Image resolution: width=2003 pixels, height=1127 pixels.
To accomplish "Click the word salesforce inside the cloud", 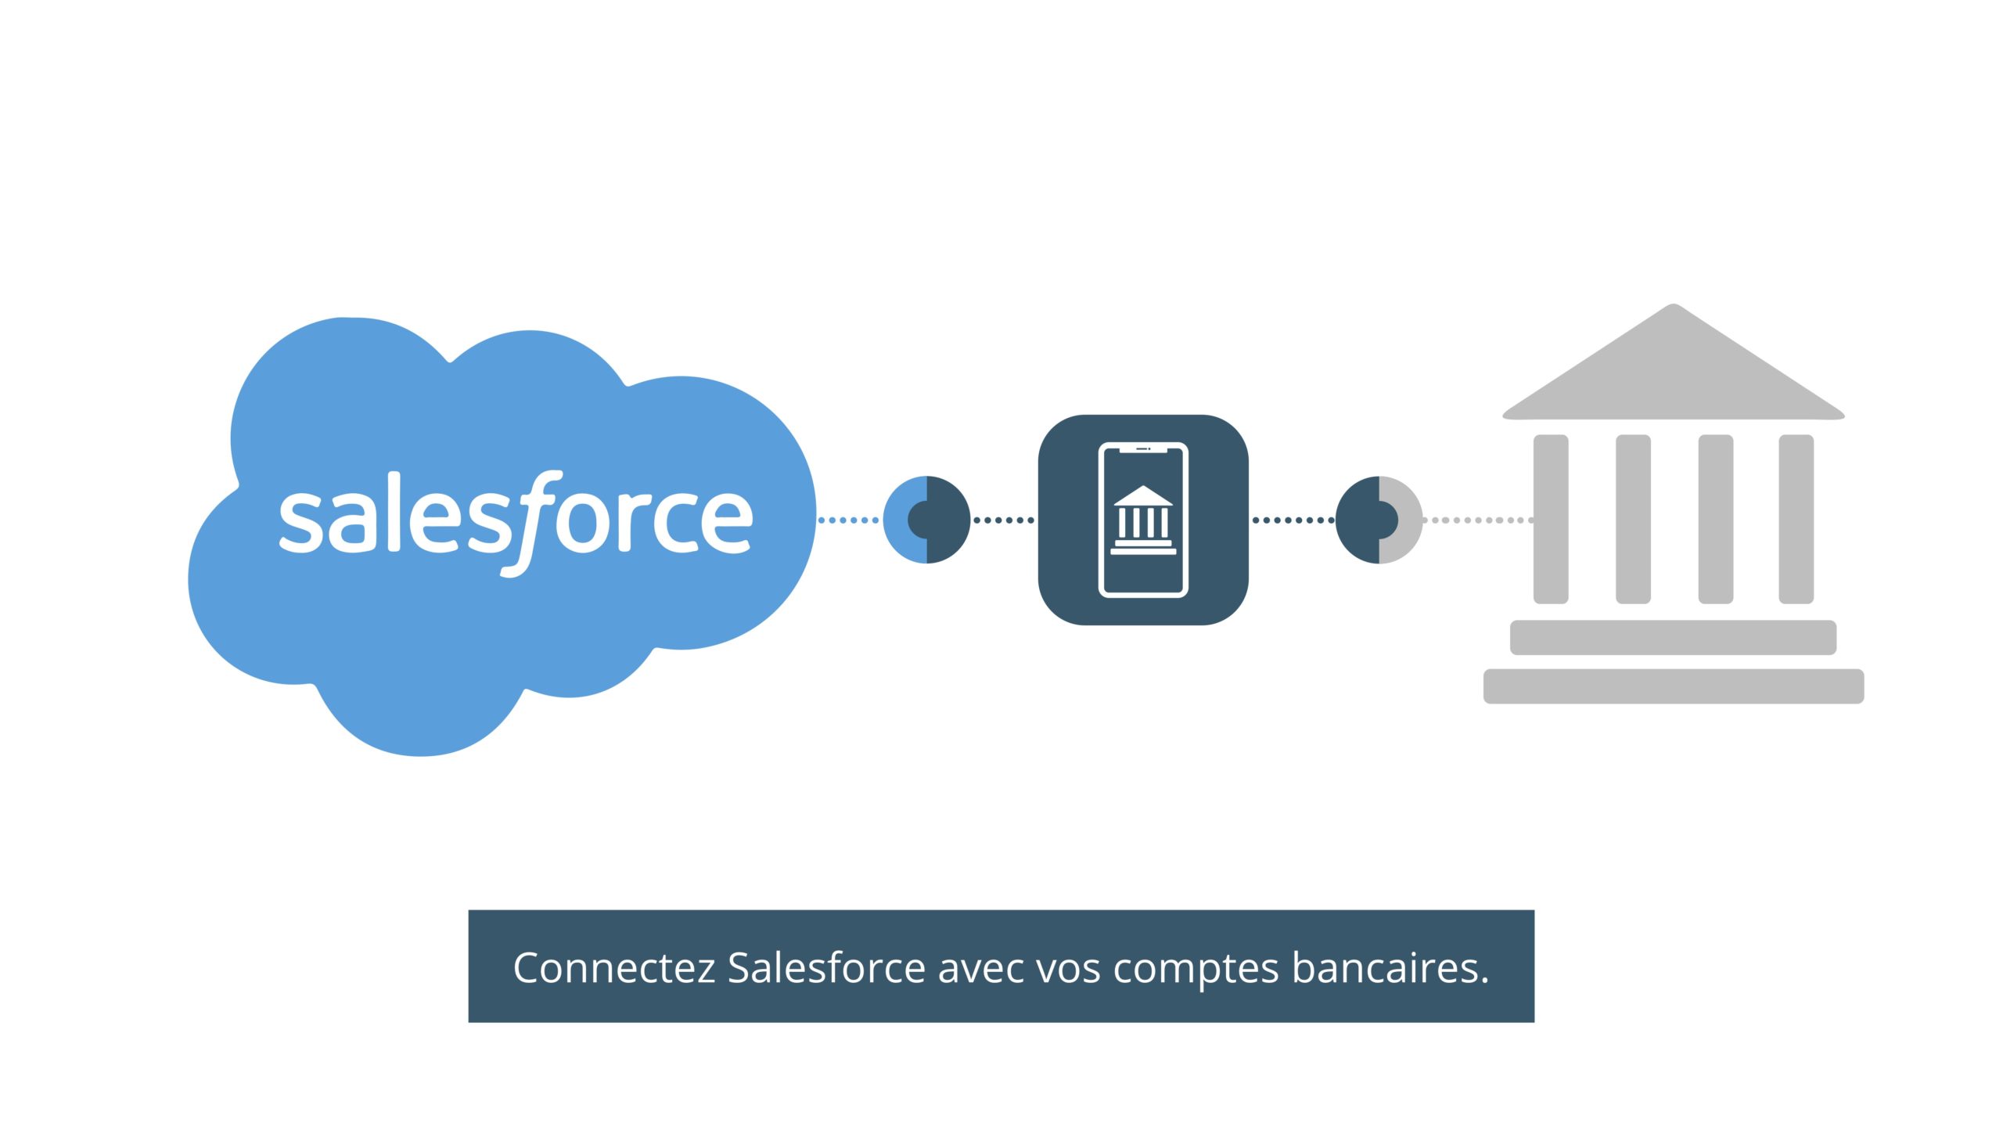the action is click(516, 523).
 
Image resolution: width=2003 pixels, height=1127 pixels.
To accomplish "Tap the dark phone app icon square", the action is click(1143, 520).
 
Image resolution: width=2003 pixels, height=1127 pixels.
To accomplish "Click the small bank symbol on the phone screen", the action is click(1143, 520).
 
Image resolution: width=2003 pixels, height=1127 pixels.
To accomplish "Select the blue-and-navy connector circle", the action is click(926, 520).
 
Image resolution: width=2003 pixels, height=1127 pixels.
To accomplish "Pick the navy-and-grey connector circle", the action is click(1379, 520).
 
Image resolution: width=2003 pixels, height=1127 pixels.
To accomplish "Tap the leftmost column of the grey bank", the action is click(1551, 519).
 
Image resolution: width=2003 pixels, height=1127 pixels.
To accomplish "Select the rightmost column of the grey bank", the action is click(1796, 519).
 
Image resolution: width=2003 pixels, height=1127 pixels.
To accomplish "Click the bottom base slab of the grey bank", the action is click(1674, 686).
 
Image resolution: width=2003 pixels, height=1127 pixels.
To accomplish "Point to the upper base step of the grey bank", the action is click(1673, 637).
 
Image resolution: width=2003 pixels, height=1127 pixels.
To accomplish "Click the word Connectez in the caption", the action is click(614, 968).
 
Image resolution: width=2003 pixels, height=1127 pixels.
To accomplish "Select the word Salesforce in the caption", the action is click(827, 967).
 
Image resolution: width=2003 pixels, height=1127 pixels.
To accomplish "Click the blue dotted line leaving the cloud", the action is click(849, 520).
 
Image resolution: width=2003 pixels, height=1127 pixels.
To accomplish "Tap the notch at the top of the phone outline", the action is click(1143, 449).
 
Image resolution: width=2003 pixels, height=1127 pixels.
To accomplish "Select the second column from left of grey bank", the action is click(1633, 519).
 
